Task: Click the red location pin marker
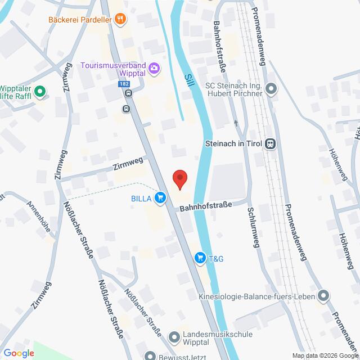click(x=179, y=178)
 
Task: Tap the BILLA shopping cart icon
click(x=161, y=197)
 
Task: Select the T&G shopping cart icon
click(x=199, y=258)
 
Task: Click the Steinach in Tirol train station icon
click(x=271, y=144)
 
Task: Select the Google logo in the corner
click(x=18, y=353)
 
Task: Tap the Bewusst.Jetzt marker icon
click(x=149, y=355)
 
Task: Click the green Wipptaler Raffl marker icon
click(x=40, y=91)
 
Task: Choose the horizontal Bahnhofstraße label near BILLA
click(x=205, y=207)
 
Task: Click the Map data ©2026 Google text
click(x=325, y=355)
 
